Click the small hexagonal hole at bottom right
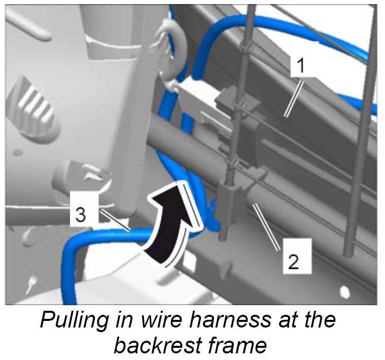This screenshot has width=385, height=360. coord(344,291)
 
